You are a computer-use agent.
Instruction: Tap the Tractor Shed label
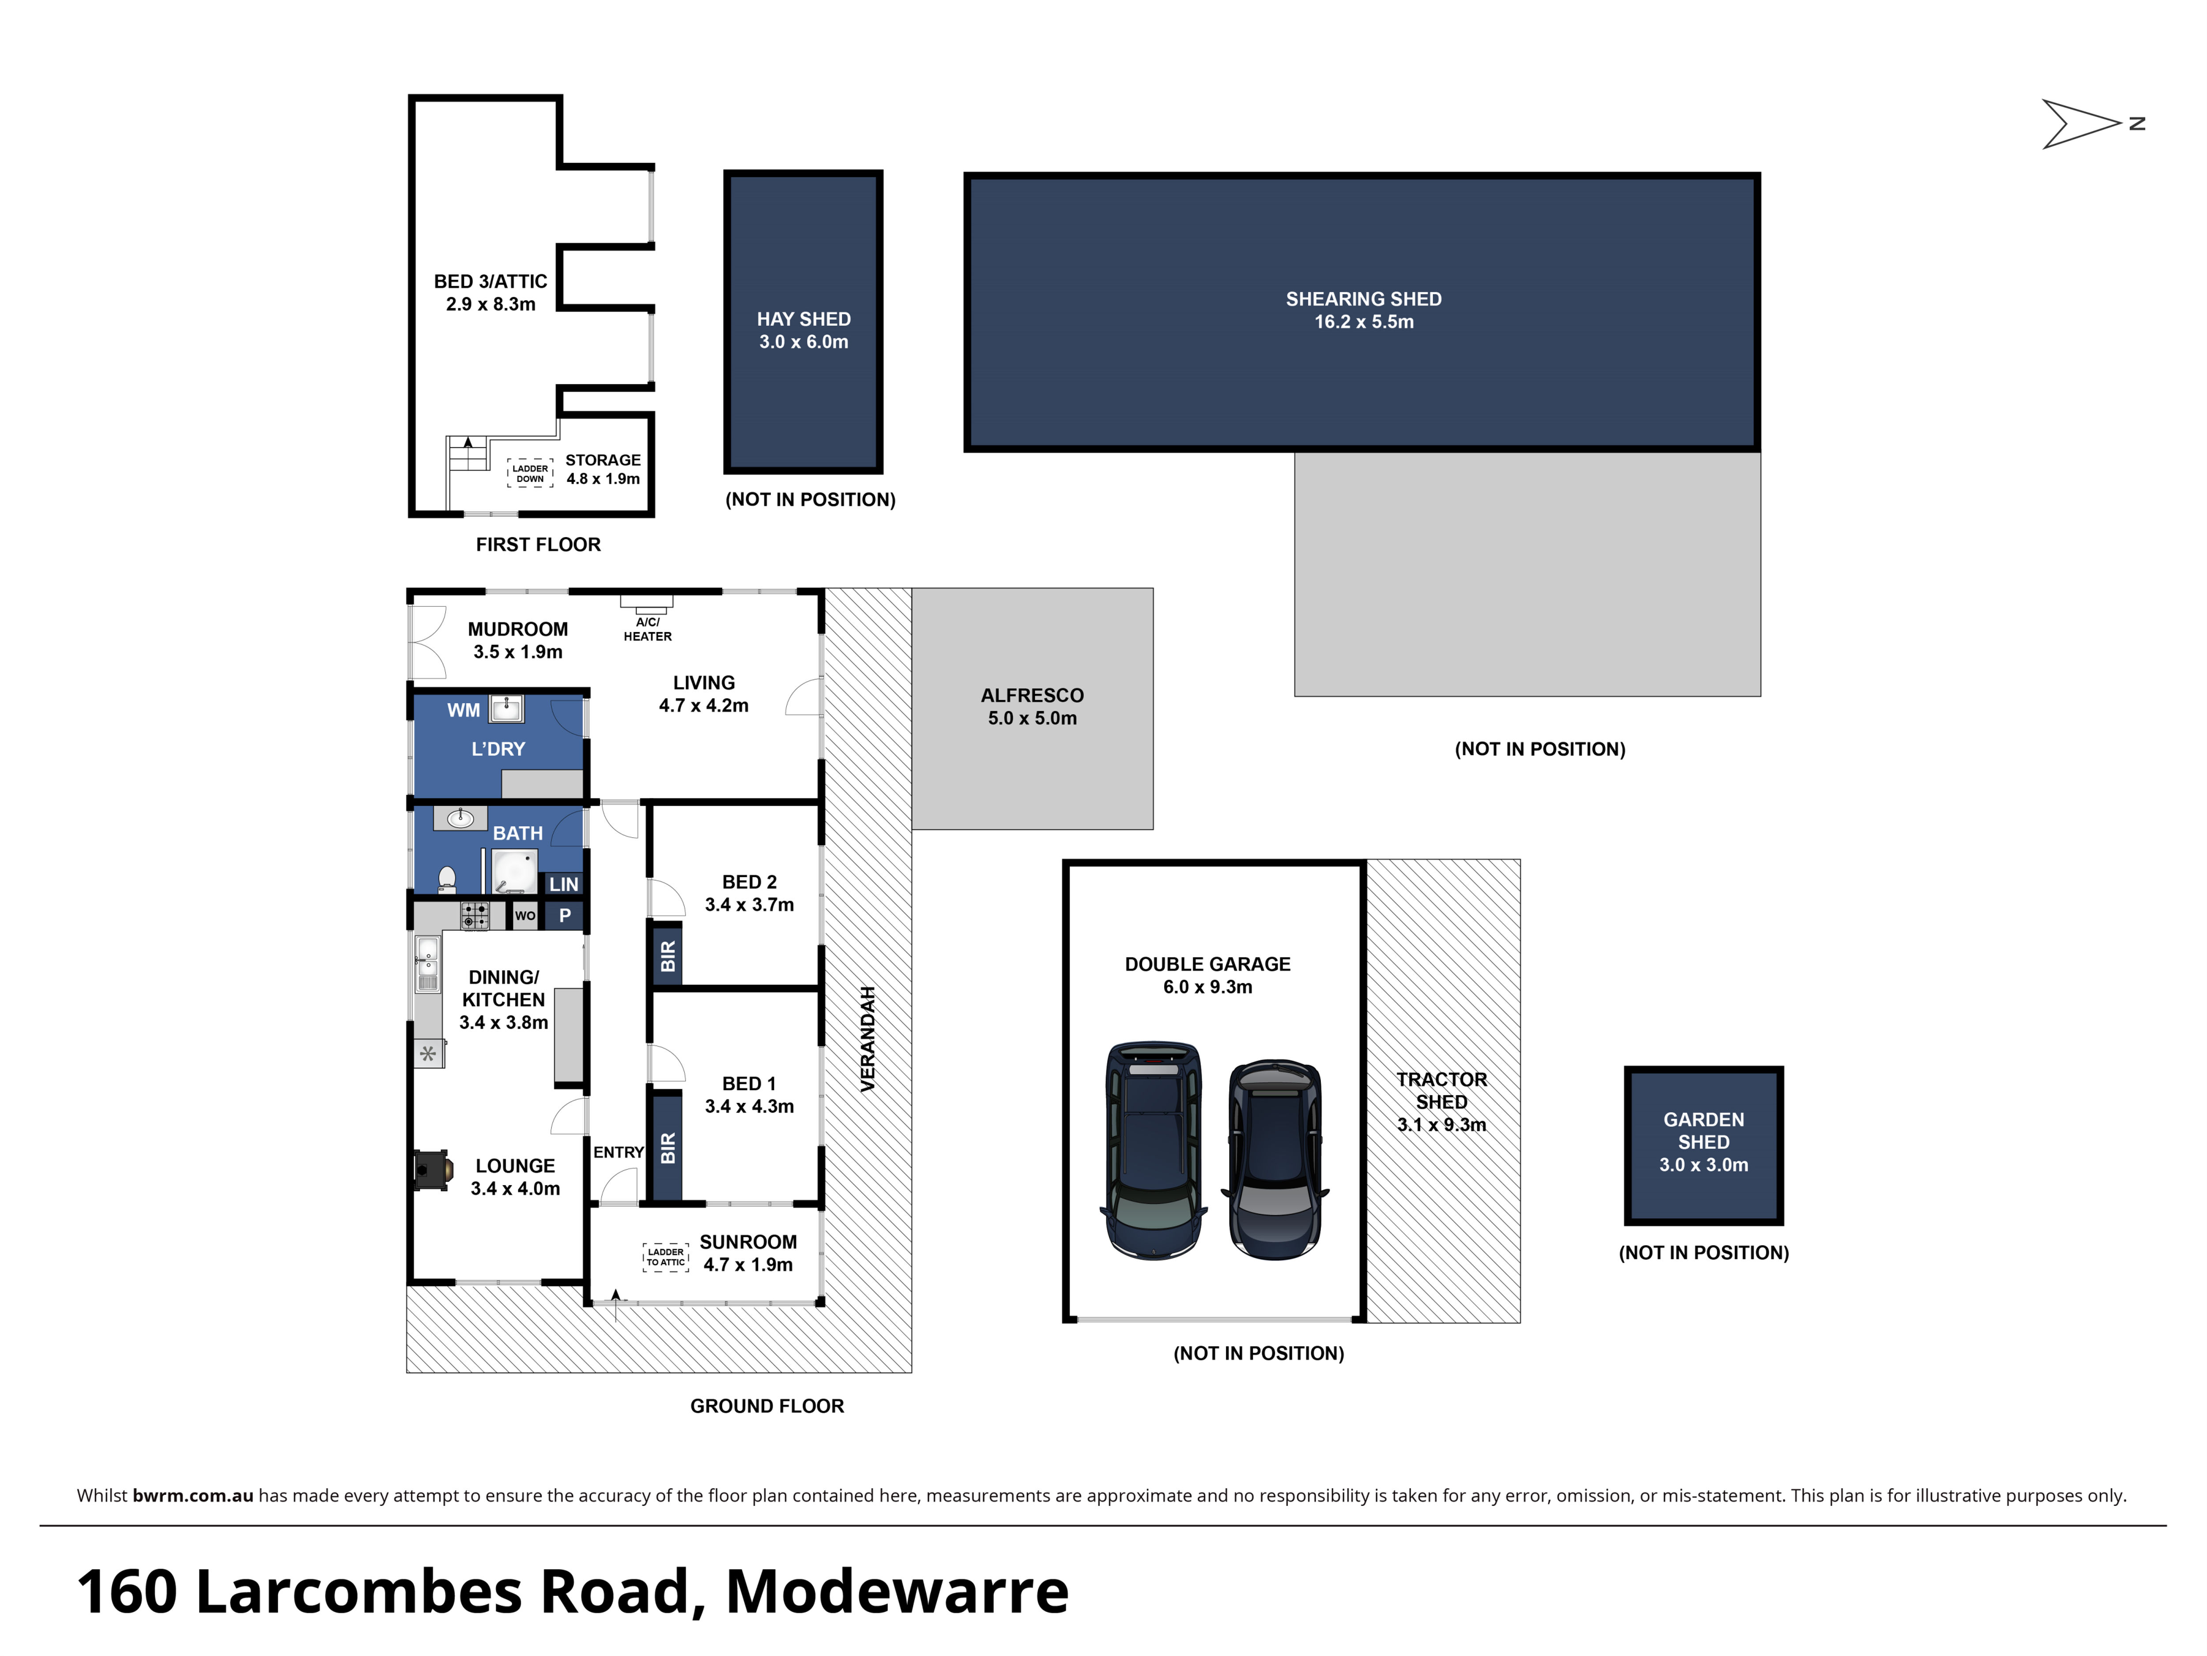(1442, 1102)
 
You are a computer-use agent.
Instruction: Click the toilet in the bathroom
(447, 879)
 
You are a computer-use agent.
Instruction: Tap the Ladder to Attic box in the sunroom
(665, 1257)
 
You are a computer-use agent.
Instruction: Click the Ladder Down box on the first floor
(530, 473)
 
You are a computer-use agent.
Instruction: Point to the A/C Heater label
(648, 629)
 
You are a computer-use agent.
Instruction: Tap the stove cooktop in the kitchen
(474, 915)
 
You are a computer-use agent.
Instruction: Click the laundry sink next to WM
(507, 709)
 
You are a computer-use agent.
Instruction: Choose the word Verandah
(867, 1038)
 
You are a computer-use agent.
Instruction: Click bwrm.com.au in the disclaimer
(192, 1495)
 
